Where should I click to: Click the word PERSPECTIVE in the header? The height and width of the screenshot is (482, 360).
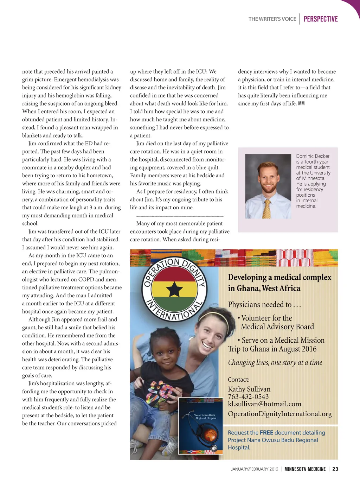pos(321,19)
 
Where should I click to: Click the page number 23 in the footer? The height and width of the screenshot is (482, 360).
pos(335,469)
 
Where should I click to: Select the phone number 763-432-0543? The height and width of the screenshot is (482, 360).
pos(248,397)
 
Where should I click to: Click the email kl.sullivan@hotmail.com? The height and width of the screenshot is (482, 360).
pos(264,404)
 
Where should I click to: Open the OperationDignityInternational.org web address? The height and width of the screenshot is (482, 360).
pos(279,414)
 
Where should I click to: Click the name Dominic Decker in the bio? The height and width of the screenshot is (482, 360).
pos(313,156)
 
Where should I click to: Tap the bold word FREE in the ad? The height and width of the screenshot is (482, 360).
pos(266,433)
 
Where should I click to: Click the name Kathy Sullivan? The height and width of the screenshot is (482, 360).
pos(249,389)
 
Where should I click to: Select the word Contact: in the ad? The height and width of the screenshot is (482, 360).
pos(238,380)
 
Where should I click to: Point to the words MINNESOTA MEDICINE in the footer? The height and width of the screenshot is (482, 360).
pos(305,469)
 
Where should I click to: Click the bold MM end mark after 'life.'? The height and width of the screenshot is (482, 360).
pos(301,103)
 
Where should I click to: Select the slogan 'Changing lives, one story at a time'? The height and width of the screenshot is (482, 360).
pos(275,363)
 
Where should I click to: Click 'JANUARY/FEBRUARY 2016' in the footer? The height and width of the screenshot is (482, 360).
pos(255,469)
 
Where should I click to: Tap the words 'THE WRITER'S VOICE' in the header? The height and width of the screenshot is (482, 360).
pos(272,19)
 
